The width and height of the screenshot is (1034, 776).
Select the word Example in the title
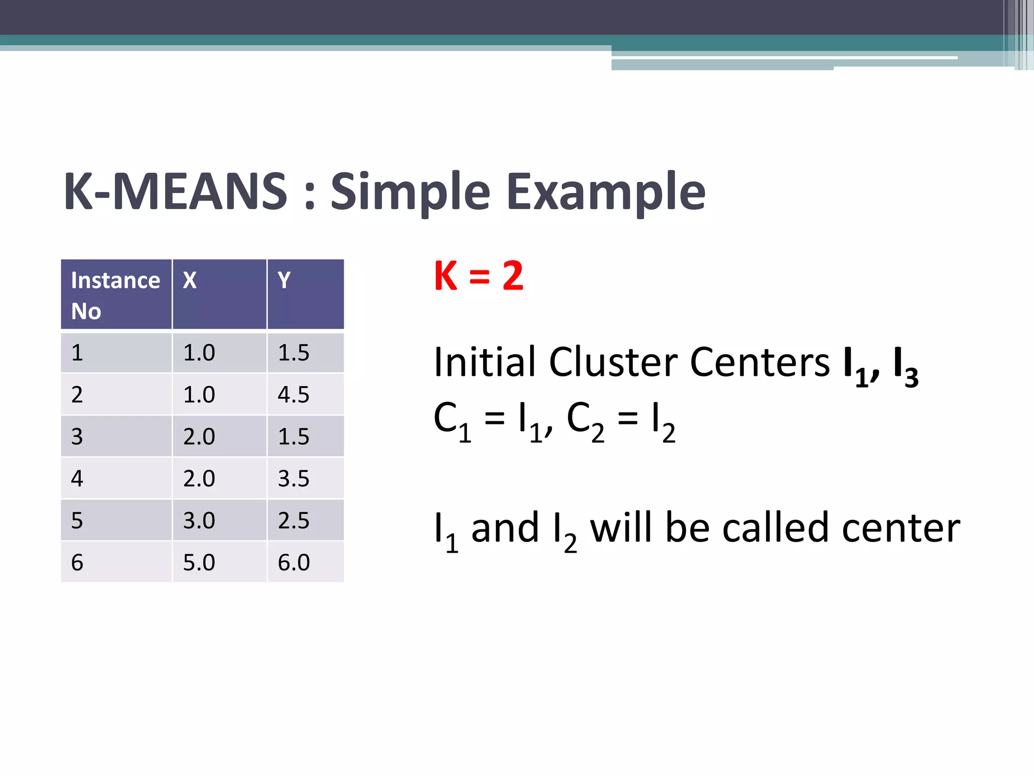[605, 192]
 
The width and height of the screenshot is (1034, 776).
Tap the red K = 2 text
[478, 276]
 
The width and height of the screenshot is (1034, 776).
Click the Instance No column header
[115, 295]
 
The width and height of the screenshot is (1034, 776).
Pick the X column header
[190, 280]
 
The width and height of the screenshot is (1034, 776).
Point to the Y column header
[284, 280]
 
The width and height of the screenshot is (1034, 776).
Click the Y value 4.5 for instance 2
[293, 395]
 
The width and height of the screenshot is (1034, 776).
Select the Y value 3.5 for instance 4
[293, 478]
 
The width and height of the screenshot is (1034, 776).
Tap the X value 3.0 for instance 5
[199, 520]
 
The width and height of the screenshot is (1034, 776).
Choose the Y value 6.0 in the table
[293, 562]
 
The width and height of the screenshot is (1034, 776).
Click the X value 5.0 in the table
[199, 562]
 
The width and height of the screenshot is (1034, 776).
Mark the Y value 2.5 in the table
[293, 520]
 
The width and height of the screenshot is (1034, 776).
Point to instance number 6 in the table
[77, 562]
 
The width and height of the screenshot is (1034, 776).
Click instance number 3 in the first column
[77, 437]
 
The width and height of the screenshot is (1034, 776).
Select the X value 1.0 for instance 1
[199, 353]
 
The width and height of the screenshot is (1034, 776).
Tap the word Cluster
[613, 362]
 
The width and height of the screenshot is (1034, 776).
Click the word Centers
[759, 362]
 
